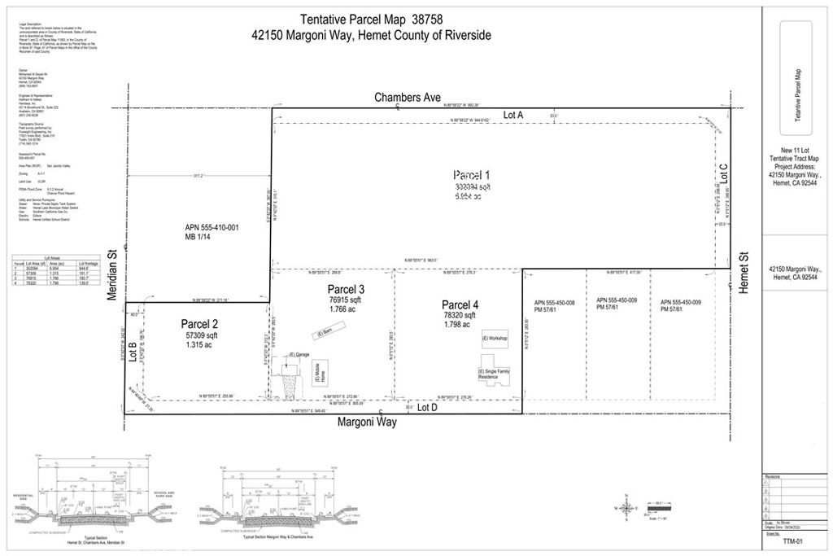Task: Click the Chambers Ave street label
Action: pyautogui.click(x=408, y=98)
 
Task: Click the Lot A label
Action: pyautogui.click(x=513, y=116)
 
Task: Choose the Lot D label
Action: pyautogui.click(x=428, y=407)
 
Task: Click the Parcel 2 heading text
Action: pyautogui.click(x=199, y=323)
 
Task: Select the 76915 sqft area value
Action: pyautogui.click(x=346, y=300)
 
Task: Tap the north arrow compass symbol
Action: pyautogui.click(x=626, y=508)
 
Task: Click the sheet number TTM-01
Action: pyautogui.click(x=782, y=538)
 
